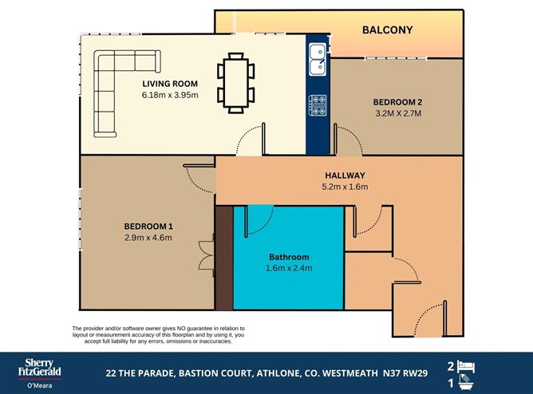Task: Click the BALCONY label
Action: (387, 30)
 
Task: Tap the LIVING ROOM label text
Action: (169, 84)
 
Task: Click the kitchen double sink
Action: (318, 57)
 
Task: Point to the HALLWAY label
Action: (345, 175)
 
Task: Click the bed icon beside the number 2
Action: (469, 365)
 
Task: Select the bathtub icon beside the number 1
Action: (469, 384)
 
